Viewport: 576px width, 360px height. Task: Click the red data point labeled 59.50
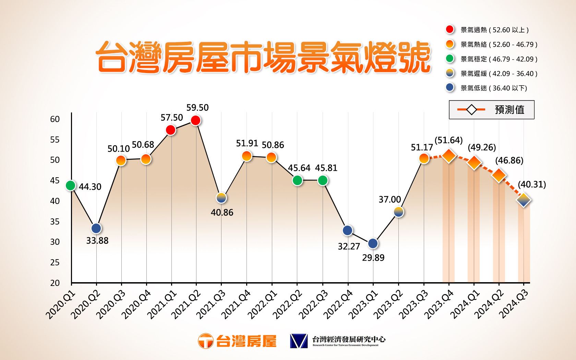coord(195,120)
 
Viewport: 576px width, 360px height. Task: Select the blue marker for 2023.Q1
coord(373,243)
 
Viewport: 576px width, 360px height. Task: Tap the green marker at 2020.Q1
coord(71,185)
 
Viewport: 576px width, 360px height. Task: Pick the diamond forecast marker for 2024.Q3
coord(524,200)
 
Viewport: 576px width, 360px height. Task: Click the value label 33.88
coord(97,241)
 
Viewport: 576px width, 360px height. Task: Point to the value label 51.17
coord(422,147)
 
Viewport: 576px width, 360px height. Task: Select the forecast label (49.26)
coord(482,147)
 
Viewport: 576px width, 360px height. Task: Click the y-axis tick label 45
coord(55,181)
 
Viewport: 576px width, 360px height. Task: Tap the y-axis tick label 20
coord(55,283)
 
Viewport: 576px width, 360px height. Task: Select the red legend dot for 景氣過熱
coord(450,29)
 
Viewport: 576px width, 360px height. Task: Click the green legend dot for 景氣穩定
coord(450,59)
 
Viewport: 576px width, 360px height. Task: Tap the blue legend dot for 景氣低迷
coord(450,88)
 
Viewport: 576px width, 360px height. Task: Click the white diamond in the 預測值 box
coord(471,110)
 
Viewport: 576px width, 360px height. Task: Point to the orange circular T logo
coord(206,341)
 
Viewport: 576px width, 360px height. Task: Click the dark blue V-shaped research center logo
coord(299,341)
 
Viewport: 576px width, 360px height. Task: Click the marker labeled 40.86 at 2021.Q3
coord(221,198)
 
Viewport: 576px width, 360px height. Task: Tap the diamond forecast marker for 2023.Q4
coord(449,156)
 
